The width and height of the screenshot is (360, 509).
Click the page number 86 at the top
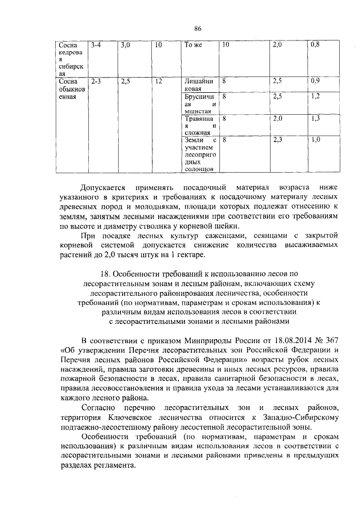tap(197, 29)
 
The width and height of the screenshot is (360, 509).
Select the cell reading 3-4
tap(95, 44)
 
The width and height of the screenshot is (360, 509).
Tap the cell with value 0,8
tap(315, 44)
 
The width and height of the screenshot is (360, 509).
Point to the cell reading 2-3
tap(95, 82)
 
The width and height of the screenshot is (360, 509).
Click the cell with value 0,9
tap(315, 82)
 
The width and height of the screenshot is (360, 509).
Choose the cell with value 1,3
tap(315, 118)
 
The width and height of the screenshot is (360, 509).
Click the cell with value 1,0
tap(315, 139)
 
